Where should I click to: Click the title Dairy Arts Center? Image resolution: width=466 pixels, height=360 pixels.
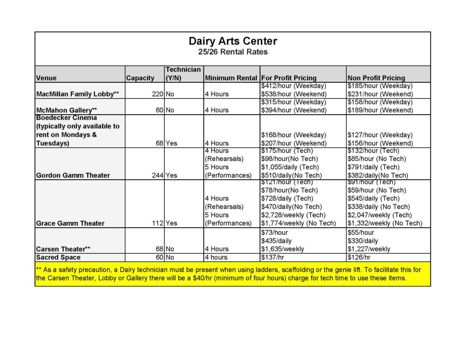pyautogui.click(x=233, y=41)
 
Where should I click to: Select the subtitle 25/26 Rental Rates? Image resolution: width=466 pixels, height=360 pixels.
pyautogui.click(x=233, y=52)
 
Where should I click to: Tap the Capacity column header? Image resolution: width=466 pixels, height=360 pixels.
pyautogui.click(x=140, y=78)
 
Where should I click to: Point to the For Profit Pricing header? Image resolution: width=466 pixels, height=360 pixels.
pyautogui.click(x=289, y=78)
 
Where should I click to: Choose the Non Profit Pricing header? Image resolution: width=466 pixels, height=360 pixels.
pyautogui.click(x=376, y=78)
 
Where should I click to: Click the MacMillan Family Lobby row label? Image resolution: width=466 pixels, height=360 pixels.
pyautogui.click(x=77, y=94)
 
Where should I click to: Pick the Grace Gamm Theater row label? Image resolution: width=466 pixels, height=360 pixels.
pyautogui.click(x=70, y=223)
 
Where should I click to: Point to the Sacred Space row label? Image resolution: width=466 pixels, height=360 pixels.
pyautogui.click(x=58, y=257)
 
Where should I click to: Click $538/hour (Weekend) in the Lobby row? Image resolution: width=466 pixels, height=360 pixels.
pyautogui.click(x=294, y=94)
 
